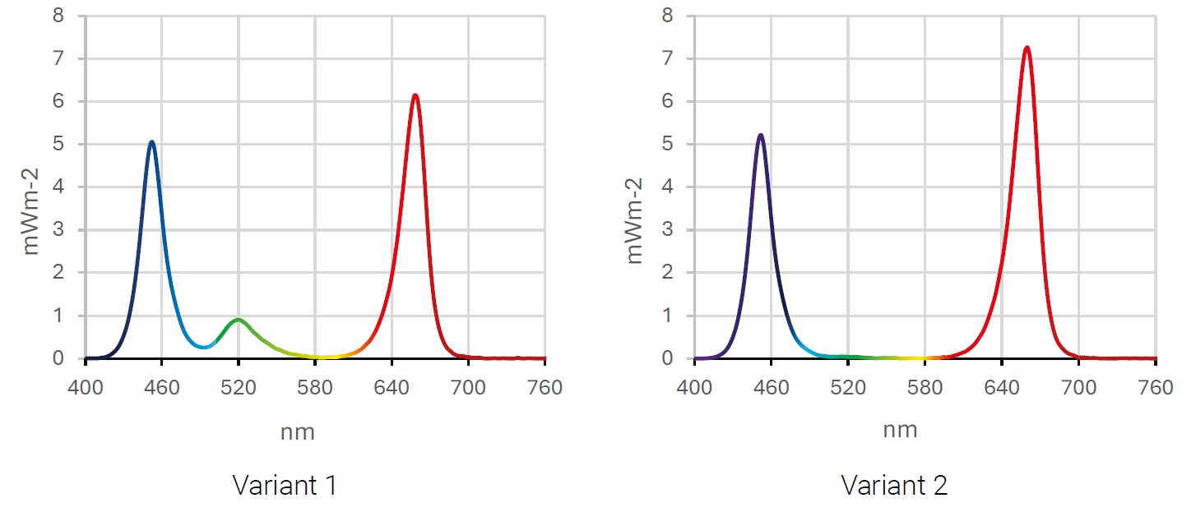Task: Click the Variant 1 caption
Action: click(x=285, y=485)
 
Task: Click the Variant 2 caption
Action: click(x=894, y=485)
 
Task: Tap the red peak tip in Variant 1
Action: click(x=415, y=95)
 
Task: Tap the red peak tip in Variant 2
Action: click(x=1027, y=48)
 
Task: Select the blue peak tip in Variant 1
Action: click(x=151, y=142)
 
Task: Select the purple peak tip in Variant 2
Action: click(x=760, y=135)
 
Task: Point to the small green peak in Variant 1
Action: click(x=238, y=320)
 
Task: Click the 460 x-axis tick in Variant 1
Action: click(x=162, y=387)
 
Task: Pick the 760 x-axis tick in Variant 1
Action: click(x=545, y=387)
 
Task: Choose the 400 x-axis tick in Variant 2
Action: click(x=694, y=387)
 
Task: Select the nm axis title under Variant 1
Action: click(x=298, y=432)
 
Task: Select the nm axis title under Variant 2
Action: click(x=900, y=429)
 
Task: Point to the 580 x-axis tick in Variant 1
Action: click(x=315, y=387)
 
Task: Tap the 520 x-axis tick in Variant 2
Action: click(x=848, y=387)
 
